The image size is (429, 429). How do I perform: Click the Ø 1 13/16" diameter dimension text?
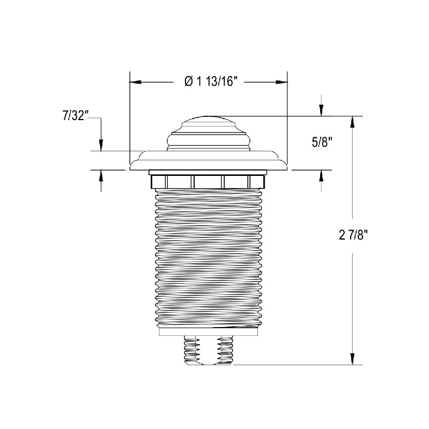[x=210, y=82]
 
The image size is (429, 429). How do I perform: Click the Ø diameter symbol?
[x=188, y=82]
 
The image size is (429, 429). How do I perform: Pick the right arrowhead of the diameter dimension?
[x=282, y=82]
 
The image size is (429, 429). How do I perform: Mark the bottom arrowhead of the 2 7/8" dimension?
[x=352, y=360]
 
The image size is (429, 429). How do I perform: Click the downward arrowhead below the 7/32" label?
[x=101, y=145]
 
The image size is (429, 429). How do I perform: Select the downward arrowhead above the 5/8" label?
[x=321, y=110]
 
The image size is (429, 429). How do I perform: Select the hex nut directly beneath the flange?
[x=209, y=181]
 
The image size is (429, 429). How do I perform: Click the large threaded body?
[x=209, y=257]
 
